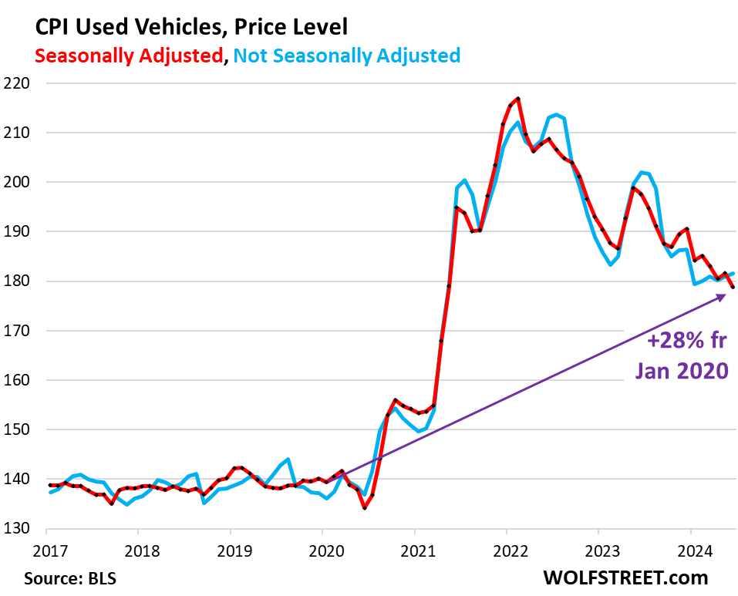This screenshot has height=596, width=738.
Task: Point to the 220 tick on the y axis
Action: tap(21, 83)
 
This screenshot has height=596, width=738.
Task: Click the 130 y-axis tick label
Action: tap(21, 529)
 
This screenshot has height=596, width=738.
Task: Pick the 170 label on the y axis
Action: tap(21, 331)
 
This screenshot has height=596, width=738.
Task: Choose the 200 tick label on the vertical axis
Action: tap(21, 183)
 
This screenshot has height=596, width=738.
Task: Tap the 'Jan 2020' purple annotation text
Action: tap(682, 370)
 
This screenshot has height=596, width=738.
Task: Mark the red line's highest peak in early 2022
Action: tap(518, 99)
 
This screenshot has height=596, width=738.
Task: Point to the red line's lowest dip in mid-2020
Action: tap(365, 508)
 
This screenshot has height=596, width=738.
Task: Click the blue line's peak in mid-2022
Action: tap(556, 115)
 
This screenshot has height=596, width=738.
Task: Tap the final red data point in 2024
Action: tap(733, 287)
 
